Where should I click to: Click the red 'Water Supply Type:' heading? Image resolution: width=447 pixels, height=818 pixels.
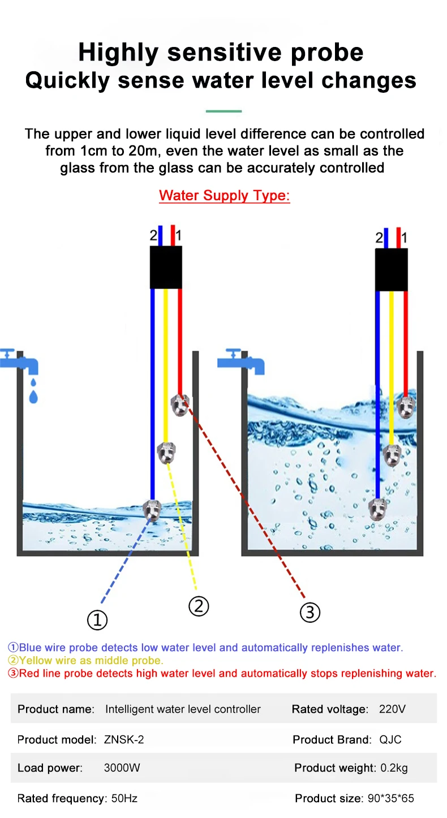coord(224,196)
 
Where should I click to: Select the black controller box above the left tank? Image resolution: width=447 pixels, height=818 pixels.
coord(166,267)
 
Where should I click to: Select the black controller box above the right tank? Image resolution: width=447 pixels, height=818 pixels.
coord(392,270)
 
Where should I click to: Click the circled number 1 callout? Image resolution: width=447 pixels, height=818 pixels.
coord(97,621)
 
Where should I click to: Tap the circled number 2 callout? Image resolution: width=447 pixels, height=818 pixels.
coord(198,606)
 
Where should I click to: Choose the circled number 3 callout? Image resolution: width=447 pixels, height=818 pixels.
coord(310,612)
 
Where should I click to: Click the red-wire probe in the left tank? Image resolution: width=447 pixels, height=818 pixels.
coord(180,405)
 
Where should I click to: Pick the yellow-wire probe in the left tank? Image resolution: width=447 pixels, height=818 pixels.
coord(166,453)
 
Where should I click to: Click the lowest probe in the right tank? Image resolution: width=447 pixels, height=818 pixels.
coord(377,509)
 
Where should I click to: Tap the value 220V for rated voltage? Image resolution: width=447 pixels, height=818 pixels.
coord(392,709)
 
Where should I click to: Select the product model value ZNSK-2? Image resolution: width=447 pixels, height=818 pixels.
coord(124,739)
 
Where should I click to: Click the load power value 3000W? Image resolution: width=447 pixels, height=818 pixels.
coord(122,768)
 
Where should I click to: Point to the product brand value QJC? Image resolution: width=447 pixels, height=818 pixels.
coord(390,739)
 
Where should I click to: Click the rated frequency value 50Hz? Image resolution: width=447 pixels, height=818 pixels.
coord(124,798)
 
